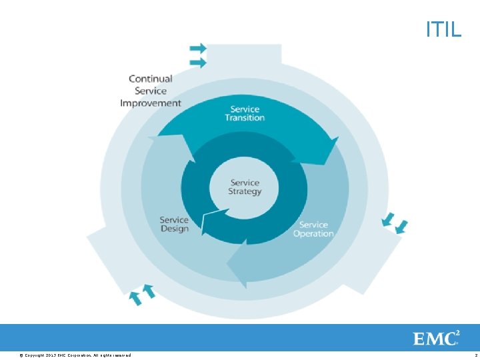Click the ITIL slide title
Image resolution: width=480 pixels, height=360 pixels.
(x=443, y=29)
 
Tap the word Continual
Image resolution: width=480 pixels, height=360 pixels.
(x=151, y=79)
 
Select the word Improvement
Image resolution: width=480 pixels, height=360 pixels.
(x=151, y=103)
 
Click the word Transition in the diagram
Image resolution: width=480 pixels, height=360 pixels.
(x=245, y=118)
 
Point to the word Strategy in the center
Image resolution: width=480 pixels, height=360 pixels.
(x=245, y=191)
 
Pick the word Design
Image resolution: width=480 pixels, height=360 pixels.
(x=174, y=229)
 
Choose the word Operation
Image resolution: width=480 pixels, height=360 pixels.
(x=313, y=233)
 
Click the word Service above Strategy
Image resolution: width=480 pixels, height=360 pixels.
(x=245, y=182)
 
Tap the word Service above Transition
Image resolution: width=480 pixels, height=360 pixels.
(x=245, y=109)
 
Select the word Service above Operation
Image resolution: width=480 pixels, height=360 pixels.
(x=313, y=225)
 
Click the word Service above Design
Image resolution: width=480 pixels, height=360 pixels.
(x=174, y=219)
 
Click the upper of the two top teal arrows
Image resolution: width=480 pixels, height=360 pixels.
(x=198, y=49)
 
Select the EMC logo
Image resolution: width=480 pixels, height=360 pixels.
(x=437, y=338)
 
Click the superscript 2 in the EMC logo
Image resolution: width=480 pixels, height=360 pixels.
(x=458, y=332)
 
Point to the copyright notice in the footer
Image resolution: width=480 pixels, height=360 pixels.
(x=75, y=355)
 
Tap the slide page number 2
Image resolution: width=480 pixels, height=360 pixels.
(x=475, y=355)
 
